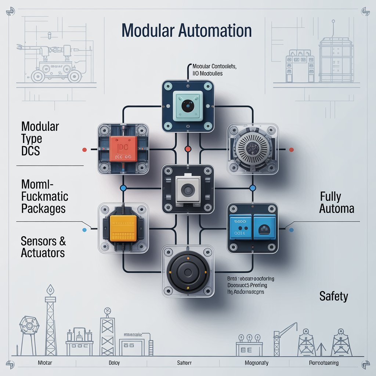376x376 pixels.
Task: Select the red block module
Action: tap(123, 149)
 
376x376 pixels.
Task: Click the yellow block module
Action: tap(123, 228)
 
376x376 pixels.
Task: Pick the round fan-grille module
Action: tap(252, 149)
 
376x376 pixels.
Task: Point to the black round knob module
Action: tap(188, 271)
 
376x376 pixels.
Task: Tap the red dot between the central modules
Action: tap(188, 149)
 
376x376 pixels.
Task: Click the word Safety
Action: tap(333, 296)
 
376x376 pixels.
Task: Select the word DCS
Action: tap(31, 151)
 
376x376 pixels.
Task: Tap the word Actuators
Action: tap(43, 253)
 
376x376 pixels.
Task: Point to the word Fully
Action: tap(331, 196)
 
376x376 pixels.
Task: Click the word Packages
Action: tap(43, 209)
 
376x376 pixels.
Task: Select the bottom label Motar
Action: tap(45, 363)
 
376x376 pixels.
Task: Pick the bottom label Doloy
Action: tap(114, 363)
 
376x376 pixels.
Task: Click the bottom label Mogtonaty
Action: tap(256, 363)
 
